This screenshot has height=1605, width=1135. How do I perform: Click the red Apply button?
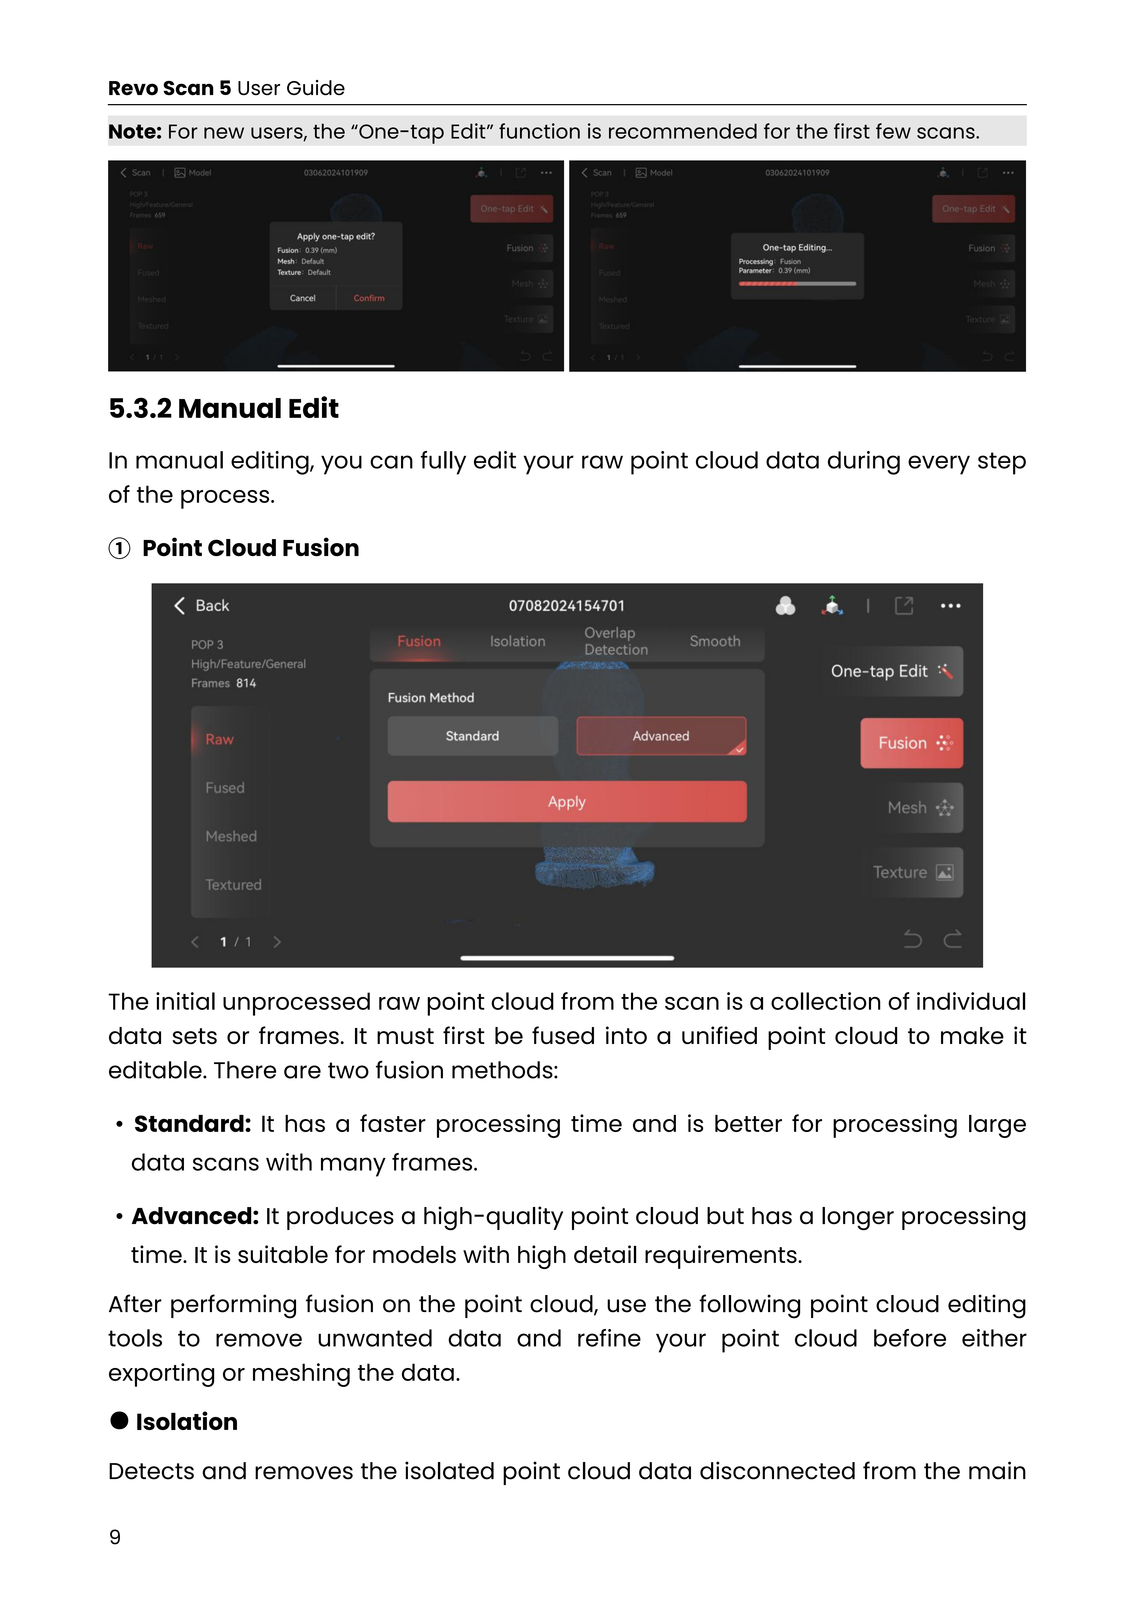[x=566, y=802]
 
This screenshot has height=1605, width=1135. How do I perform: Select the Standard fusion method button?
[x=473, y=736]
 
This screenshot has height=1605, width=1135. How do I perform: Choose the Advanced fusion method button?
[x=661, y=736]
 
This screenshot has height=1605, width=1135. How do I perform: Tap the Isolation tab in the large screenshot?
[x=517, y=641]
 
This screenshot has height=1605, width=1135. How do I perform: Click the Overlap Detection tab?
[x=615, y=641]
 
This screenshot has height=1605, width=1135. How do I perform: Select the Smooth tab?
[x=715, y=641]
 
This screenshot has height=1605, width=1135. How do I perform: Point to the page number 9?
[x=115, y=1537]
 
